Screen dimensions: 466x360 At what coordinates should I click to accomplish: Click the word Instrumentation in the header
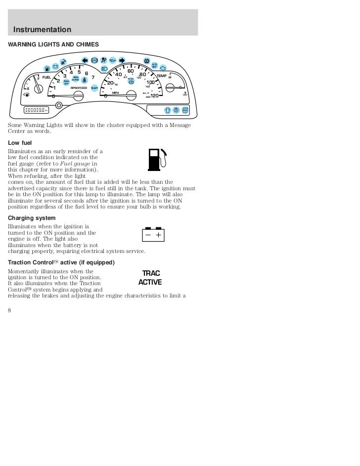coord(42,30)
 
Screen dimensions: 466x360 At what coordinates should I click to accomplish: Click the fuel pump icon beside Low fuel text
coord(156,159)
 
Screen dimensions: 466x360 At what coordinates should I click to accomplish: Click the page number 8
coord(9,310)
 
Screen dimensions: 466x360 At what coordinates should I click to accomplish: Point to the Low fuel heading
coord(20,142)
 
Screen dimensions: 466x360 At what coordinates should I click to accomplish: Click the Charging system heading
coord(32,217)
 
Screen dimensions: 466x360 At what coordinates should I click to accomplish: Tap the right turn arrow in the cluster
coord(121,61)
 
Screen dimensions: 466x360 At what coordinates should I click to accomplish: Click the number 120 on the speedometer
coord(154,95)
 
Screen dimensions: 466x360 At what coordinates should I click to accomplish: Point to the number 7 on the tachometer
coord(93,78)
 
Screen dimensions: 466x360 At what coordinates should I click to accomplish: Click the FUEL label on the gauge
coord(46,77)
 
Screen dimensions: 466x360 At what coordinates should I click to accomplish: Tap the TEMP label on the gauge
coord(162,76)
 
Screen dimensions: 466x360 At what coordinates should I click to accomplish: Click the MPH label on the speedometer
coord(116,92)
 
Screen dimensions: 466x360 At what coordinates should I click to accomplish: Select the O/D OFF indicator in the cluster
coord(154,65)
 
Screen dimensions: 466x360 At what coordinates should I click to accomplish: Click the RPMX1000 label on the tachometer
coord(79,87)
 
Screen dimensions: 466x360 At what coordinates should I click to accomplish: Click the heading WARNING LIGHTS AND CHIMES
coord(53,44)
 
